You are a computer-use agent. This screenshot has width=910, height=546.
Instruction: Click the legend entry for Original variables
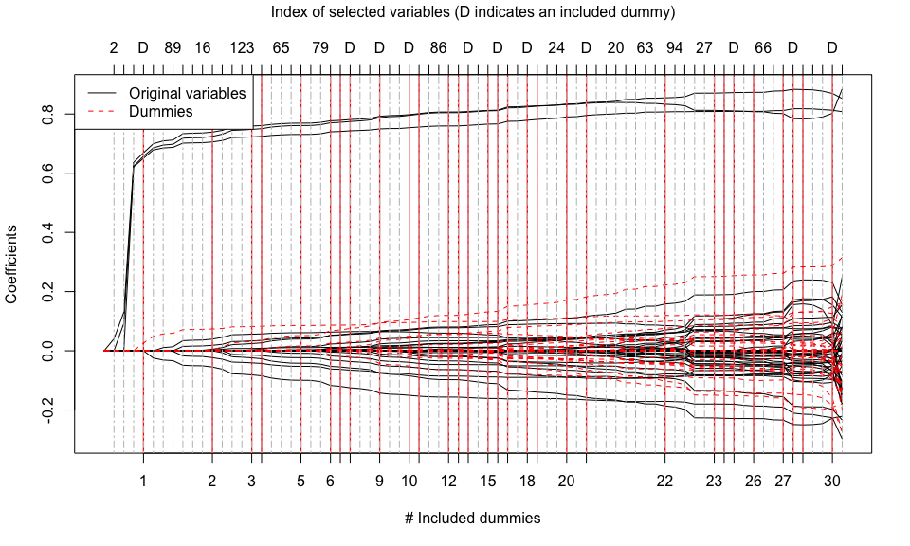187,93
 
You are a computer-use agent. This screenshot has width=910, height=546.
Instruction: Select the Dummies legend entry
160,111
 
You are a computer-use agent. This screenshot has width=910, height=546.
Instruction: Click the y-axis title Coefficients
12,264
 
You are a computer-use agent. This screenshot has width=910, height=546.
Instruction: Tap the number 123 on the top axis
242,46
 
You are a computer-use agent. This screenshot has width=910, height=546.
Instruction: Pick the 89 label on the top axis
173,46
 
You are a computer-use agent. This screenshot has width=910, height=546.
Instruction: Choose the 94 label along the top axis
674,46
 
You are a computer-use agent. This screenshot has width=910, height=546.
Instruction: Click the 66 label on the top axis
763,46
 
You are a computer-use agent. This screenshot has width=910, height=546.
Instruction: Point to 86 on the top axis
438,46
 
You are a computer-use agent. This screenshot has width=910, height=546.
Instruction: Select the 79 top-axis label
320,46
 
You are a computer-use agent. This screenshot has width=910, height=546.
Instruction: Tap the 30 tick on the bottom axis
832,481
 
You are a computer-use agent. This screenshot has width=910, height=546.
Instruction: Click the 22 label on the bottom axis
664,481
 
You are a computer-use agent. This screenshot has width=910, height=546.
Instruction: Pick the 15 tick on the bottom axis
488,481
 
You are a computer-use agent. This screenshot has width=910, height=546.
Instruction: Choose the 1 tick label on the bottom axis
143,481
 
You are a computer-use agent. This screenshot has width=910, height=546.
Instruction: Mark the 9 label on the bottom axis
379,481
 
